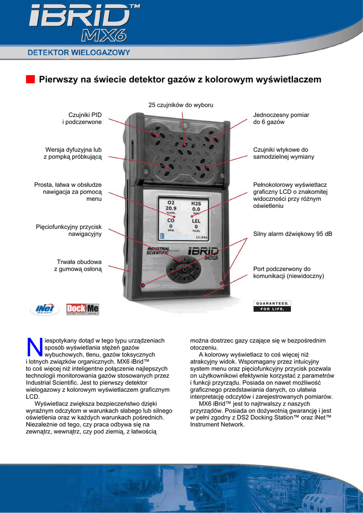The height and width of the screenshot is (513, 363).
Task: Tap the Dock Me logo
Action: click(x=83, y=309)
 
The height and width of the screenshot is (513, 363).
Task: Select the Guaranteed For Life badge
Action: click(x=273, y=306)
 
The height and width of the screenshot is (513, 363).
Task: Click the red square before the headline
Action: click(x=31, y=80)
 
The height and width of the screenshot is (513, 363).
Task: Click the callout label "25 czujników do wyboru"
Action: click(x=180, y=105)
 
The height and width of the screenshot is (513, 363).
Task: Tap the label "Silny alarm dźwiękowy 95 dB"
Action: click(x=292, y=234)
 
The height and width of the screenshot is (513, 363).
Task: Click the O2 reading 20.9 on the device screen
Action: click(x=170, y=208)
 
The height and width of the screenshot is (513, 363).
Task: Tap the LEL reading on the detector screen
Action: click(x=196, y=223)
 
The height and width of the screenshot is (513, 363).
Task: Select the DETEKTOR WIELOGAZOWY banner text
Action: click(x=79, y=52)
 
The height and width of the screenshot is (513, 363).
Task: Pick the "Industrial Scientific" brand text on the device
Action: click(x=158, y=250)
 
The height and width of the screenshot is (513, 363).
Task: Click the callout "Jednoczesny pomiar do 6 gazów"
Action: click(x=281, y=118)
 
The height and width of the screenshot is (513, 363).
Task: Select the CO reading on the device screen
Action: click(x=170, y=223)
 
